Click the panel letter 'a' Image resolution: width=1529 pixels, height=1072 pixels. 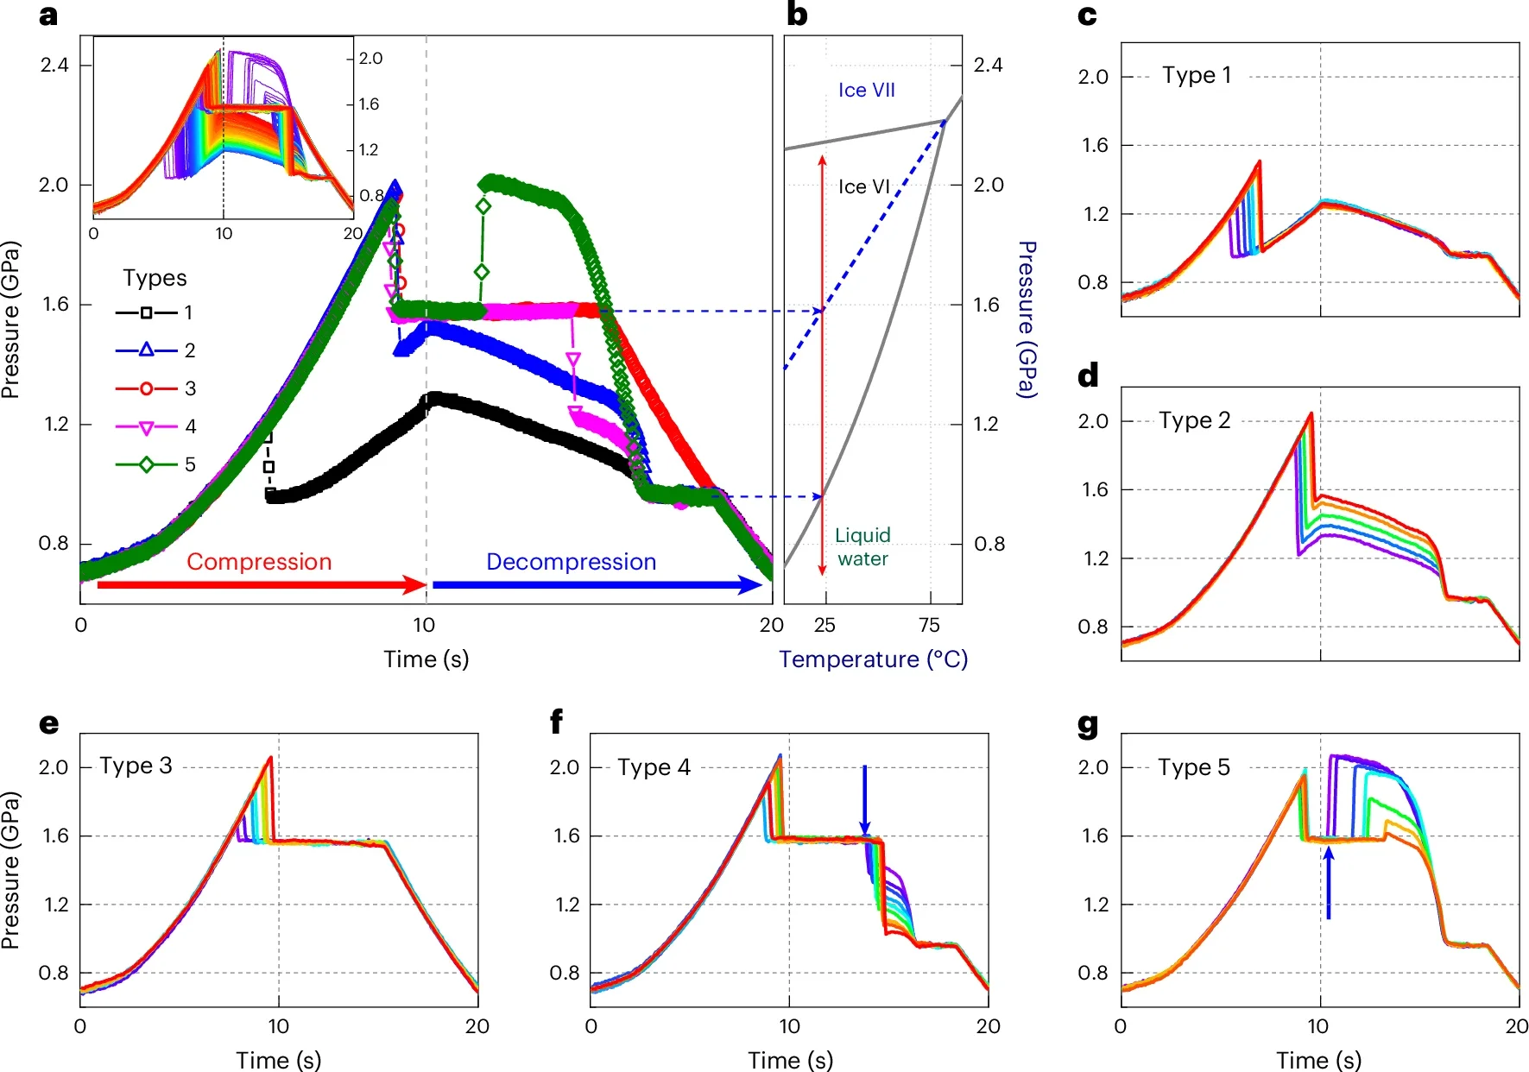pos(48,16)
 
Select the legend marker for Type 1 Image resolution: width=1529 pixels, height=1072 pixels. pos(146,312)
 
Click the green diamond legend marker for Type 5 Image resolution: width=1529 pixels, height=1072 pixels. pos(146,464)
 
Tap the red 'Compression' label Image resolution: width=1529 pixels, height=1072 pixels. pos(259,562)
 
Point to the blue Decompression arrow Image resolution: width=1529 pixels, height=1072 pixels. pos(596,585)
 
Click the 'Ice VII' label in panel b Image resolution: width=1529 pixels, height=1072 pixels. pos(866,90)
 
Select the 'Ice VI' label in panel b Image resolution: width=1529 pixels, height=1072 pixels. pos(863,186)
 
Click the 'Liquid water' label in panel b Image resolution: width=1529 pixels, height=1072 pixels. pos(862,546)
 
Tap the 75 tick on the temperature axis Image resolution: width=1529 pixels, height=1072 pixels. pos(929,625)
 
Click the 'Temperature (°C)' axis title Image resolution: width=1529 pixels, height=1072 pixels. pos(873,659)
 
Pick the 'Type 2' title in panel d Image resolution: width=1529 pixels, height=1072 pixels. pos(1194,420)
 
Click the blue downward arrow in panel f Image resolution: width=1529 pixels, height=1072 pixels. pos(864,798)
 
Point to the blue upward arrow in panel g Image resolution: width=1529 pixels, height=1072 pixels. pos(1328,883)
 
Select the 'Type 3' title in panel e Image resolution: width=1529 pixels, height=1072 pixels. pos(136,766)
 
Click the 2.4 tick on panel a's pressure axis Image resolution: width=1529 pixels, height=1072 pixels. pos(54,65)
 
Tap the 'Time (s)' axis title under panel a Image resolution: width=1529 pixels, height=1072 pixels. pos(426,659)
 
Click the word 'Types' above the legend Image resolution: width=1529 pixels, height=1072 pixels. pos(155,278)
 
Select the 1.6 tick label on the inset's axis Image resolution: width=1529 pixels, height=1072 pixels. pos(369,104)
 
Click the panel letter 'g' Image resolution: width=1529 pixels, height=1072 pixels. pos(1088,725)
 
